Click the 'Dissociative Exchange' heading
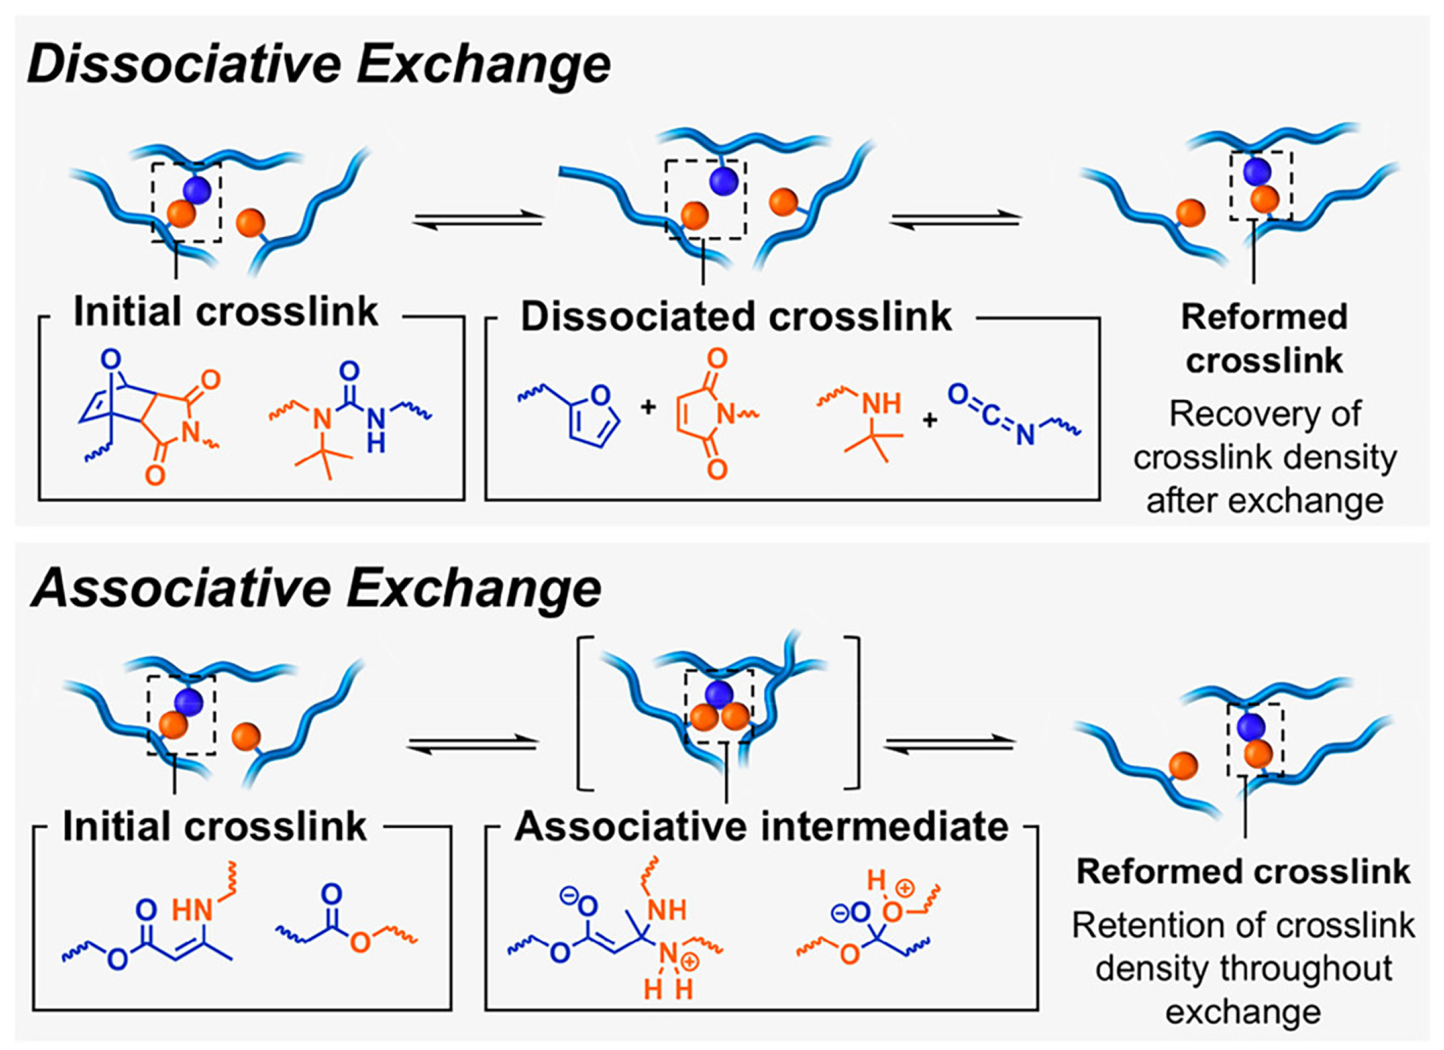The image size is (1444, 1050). click(318, 65)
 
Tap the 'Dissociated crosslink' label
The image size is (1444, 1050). click(736, 317)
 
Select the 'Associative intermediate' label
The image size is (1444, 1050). click(762, 827)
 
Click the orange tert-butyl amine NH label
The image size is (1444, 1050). click(881, 403)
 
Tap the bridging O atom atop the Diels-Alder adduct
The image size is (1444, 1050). click(111, 361)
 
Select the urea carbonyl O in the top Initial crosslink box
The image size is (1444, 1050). click(349, 370)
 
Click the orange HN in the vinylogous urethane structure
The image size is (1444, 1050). click(192, 911)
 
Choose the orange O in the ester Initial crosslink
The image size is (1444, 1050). click(360, 941)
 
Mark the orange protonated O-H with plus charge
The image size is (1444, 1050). click(894, 911)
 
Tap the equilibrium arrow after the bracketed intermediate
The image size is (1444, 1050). click(949, 743)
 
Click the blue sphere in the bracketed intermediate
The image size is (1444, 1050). click(719, 693)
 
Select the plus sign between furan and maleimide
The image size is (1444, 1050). click(648, 406)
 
